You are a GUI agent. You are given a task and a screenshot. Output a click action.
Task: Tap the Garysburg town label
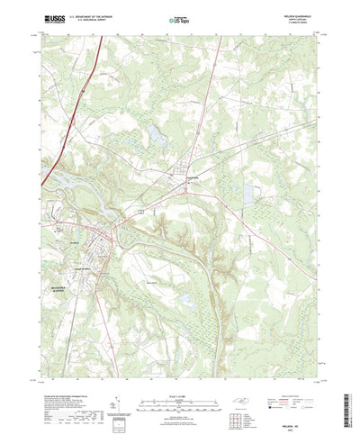coord(190,177)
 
